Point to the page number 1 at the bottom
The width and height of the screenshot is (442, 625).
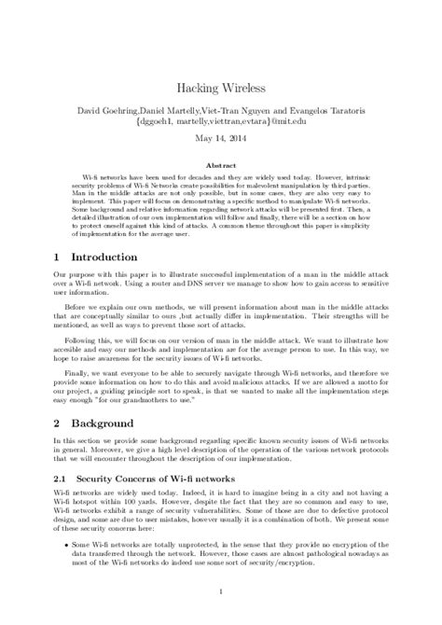221,592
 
